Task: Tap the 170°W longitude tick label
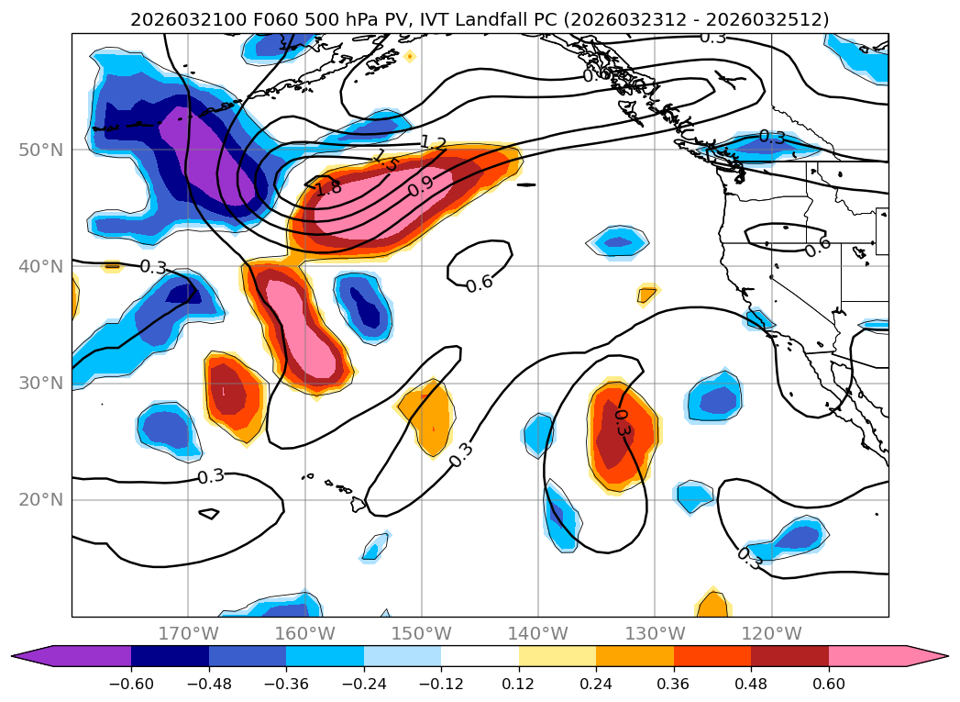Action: pyautogui.click(x=188, y=634)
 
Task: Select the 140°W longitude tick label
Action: pyautogui.click(x=538, y=634)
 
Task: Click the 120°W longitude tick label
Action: pyautogui.click(x=771, y=634)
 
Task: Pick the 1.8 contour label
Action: pyautogui.click(x=327, y=187)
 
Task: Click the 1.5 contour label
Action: pyautogui.click(x=385, y=162)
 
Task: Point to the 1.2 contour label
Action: pyautogui.click(x=433, y=144)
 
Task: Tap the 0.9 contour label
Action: pyautogui.click(x=421, y=185)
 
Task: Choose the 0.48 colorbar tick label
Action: pyautogui.click(x=751, y=683)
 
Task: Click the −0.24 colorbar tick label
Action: pyautogui.click(x=363, y=683)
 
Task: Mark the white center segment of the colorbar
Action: pyautogui.click(x=480, y=655)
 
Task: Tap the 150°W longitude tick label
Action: pyautogui.click(x=422, y=634)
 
